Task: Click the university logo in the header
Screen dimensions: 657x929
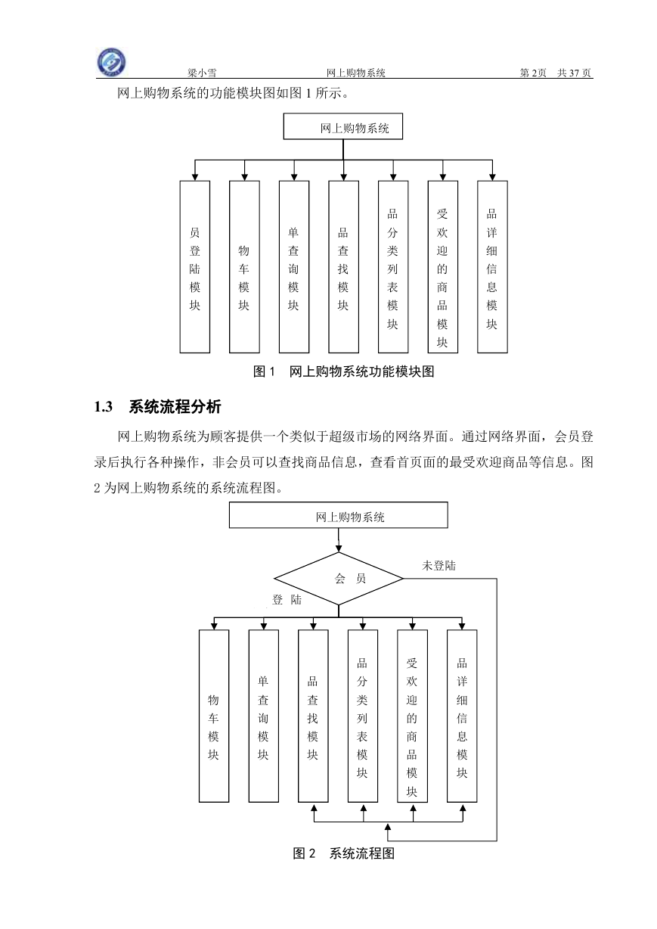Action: pyautogui.click(x=111, y=62)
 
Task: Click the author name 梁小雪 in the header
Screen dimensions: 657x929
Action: pyautogui.click(x=202, y=73)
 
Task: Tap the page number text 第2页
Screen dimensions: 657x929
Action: pyautogui.click(x=533, y=73)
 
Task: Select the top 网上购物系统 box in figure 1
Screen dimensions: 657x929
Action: pyautogui.click(x=342, y=126)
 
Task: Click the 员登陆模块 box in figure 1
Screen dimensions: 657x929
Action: pyautogui.click(x=195, y=267)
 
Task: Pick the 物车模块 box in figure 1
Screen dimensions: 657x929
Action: pyautogui.click(x=244, y=267)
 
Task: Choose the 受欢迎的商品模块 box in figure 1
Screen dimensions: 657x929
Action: pyautogui.click(x=443, y=267)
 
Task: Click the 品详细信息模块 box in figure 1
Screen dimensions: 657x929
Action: pyautogui.click(x=492, y=267)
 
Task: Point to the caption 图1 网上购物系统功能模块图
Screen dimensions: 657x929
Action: pyautogui.click(x=344, y=371)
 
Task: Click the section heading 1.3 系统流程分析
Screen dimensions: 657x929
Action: pyautogui.click(x=157, y=406)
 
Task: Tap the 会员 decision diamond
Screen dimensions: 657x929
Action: pyautogui.click(x=339, y=579)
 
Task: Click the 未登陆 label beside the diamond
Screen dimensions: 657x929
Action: pyautogui.click(x=439, y=566)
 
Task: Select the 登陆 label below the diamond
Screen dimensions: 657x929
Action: pyautogui.click(x=287, y=600)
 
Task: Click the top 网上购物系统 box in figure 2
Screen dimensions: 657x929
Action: pyautogui.click(x=339, y=515)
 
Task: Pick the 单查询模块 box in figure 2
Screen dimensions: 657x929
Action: pyautogui.click(x=264, y=716)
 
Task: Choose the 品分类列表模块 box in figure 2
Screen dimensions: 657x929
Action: pyautogui.click(x=363, y=716)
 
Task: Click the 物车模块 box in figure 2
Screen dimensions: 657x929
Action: pyautogui.click(x=214, y=716)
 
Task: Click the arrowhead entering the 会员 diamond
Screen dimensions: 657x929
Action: pyautogui.click(x=339, y=548)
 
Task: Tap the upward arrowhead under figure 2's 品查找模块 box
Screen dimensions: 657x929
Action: pyautogui.click(x=314, y=808)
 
